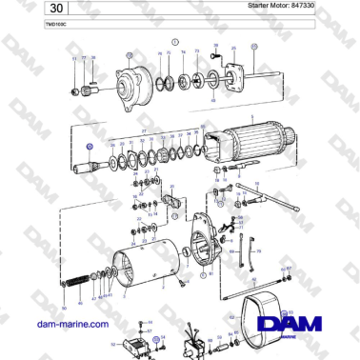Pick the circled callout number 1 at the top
tap(175, 43)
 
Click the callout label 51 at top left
tap(73, 59)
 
